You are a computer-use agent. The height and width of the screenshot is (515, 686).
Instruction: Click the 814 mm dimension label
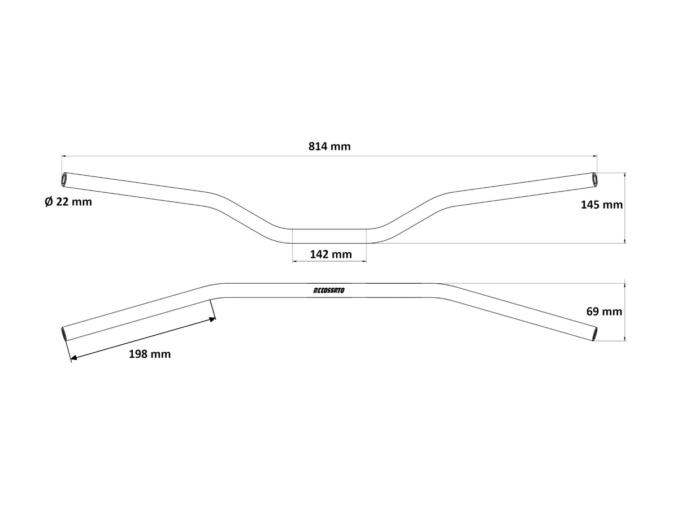click(x=329, y=146)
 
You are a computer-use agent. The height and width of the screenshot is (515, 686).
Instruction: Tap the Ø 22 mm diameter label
click(x=68, y=202)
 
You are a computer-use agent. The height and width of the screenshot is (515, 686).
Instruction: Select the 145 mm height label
click(x=601, y=205)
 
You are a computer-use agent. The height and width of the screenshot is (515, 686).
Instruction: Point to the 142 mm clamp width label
click(x=331, y=254)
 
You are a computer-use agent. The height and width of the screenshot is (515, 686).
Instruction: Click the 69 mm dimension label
click(x=604, y=311)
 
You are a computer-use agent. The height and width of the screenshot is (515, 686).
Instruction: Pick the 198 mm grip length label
click(x=150, y=354)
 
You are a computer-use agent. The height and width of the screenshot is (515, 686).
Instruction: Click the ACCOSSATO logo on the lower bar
click(x=332, y=290)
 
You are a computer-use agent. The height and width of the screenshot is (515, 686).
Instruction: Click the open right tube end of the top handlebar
click(x=594, y=179)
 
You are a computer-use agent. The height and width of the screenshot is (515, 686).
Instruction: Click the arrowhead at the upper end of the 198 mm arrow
click(x=212, y=319)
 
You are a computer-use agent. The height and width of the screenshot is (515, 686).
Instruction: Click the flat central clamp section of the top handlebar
click(x=329, y=236)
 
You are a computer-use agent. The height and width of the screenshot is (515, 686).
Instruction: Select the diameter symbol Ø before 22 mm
click(x=49, y=202)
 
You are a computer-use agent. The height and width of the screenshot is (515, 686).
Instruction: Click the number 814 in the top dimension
click(x=319, y=146)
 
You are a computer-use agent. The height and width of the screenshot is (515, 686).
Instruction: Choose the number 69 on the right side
click(x=593, y=311)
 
